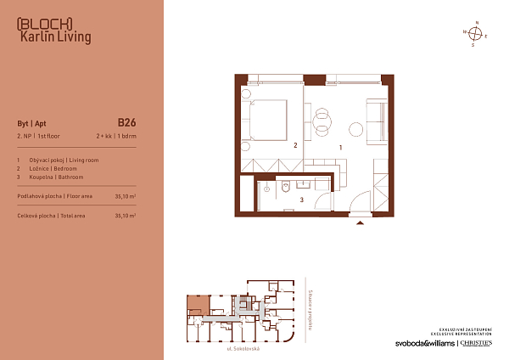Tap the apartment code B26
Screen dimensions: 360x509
[x=126, y=121]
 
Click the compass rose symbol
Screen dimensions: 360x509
[x=477, y=34]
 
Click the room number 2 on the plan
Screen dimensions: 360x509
[x=294, y=146]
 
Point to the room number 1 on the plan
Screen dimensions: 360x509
[x=340, y=147]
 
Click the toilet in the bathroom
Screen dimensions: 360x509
[x=266, y=184]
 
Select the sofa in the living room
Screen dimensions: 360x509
[x=376, y=117]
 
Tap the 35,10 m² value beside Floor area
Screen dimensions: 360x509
[x=126, y=196]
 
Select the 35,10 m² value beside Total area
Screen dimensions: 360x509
[x=126, y=217]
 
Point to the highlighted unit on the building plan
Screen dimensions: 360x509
[x=198, y=303]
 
